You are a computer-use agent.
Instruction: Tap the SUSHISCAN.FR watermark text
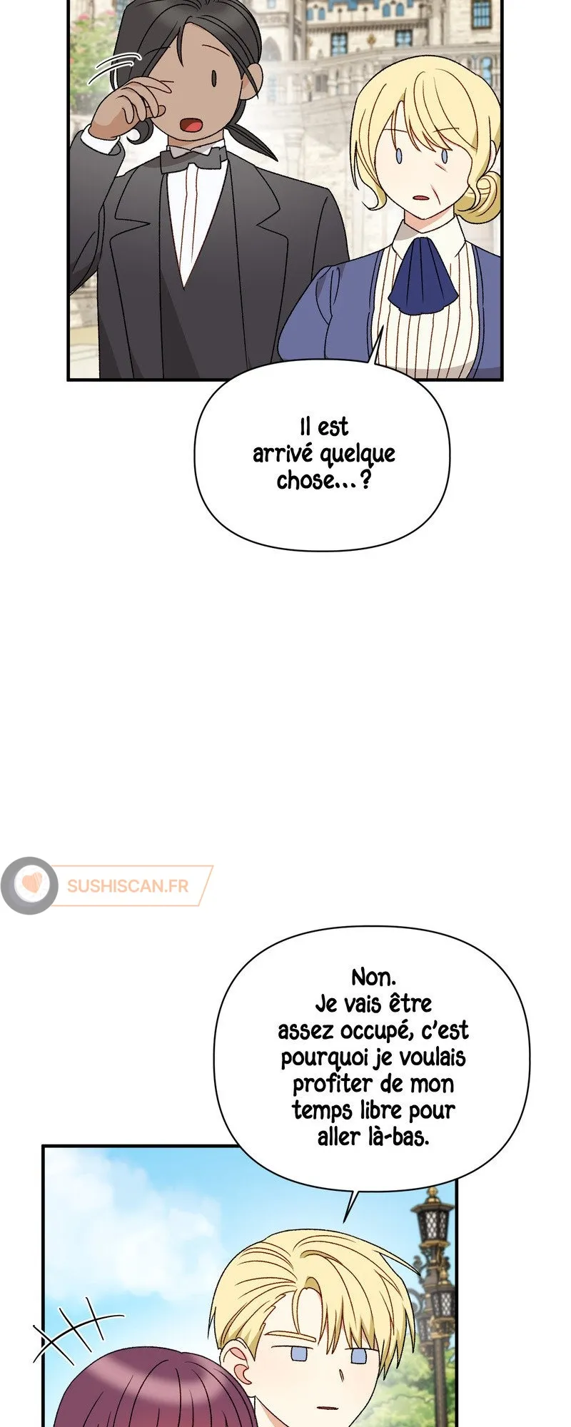click(x=128, y=885)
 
